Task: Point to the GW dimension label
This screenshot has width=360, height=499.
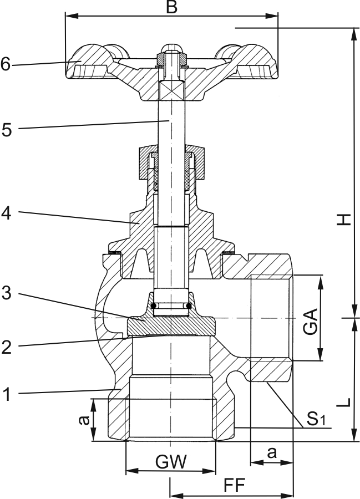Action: click(x=171, y=461)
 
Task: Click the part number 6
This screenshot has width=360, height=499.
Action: click(x=6, y=64)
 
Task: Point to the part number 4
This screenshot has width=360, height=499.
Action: click(x=6, y=212)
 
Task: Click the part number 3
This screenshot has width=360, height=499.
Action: click(x=6, y=294)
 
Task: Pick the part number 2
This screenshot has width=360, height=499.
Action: click(x=6, y=347)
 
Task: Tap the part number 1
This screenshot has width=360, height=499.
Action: click(x=6, y=395)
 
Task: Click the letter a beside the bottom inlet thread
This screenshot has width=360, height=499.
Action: click(x=83, y=420)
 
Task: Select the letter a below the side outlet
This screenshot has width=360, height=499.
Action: click(x=272, y=452)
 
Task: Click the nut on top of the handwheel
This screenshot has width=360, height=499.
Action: click(x=171, y=57)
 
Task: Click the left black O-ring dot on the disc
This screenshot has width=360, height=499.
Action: click(x=154, y=305)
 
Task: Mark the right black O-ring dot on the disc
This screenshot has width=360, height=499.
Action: click(x=189, y=305)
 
